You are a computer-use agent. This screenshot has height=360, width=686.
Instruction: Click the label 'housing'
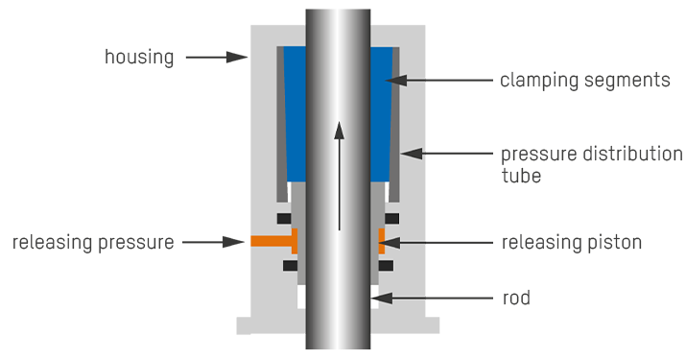point(139,58)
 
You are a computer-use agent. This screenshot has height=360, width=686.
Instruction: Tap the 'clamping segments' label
point(584,81)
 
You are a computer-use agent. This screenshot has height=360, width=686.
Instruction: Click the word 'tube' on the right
point(520,177)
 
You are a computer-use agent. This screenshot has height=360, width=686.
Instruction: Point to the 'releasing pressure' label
point(92,242)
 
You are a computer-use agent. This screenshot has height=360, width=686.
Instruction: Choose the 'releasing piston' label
point(572,242)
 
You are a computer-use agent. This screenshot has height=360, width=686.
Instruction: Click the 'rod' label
point(516,299)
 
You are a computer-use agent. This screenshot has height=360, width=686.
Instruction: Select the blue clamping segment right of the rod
point(381,110)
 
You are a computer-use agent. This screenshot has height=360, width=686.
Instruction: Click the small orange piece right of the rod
point(381,240)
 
